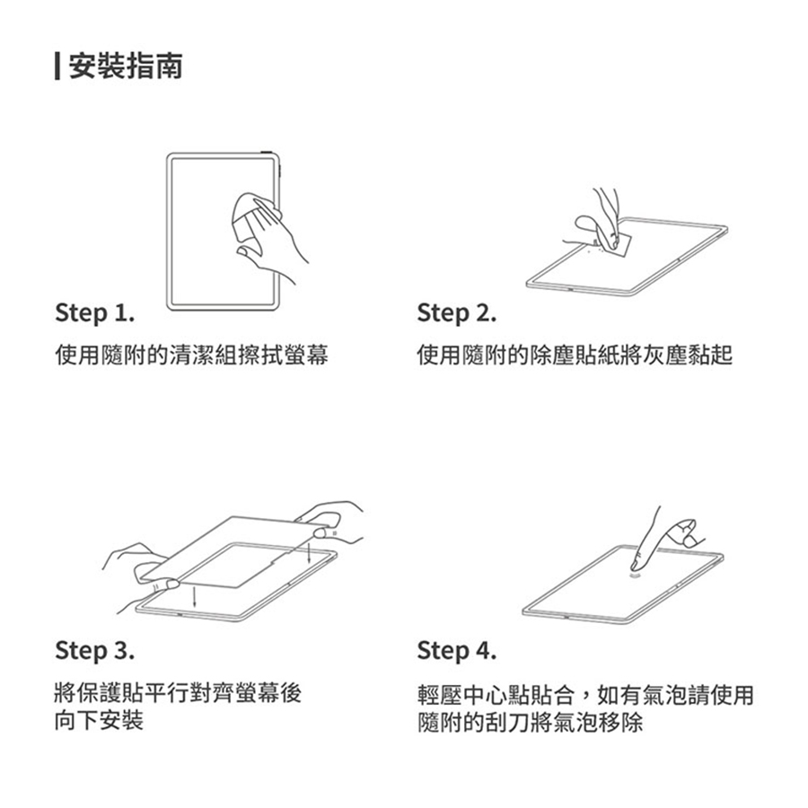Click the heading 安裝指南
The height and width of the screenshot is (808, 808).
[125, 66]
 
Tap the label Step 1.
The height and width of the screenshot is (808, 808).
[95, 312]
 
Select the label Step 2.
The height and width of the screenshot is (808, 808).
[457, 312]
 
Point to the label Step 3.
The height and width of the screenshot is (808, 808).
[95, 650]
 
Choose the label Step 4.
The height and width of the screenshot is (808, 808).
[457, 650]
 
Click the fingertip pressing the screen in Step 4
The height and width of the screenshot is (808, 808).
[636, 566]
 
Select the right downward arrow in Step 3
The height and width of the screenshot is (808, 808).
[309, 551]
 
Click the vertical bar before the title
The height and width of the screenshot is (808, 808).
[57, 66]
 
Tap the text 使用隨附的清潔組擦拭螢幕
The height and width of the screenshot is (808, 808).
[192, 356]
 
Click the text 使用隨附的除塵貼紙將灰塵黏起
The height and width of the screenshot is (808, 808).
[575, 356]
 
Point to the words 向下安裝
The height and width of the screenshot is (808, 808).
[99, 720]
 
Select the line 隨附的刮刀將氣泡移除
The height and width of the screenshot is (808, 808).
[531, 722]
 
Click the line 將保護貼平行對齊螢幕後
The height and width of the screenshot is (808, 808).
[179, 693]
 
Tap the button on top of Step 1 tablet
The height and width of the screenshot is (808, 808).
[267, 153]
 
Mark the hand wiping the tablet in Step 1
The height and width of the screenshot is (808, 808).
[268, 237]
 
